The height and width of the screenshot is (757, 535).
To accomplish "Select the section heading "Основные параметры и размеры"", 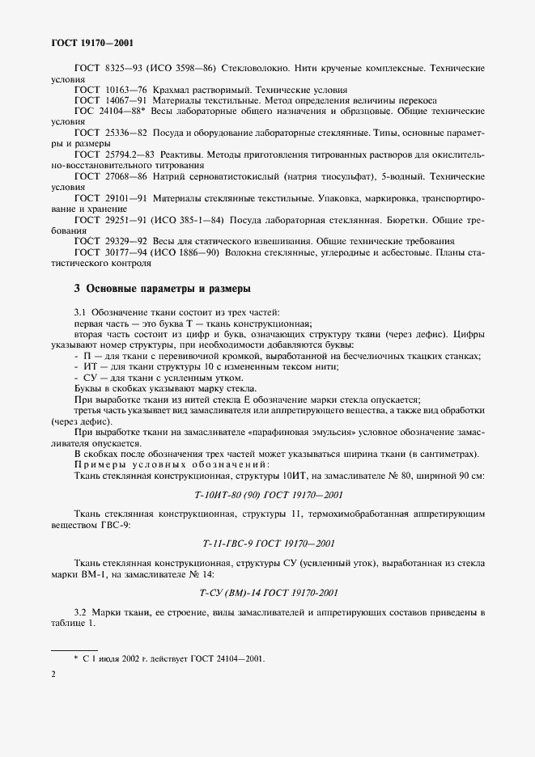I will (162, 288).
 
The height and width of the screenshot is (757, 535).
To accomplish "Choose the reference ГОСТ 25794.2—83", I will (110, 152).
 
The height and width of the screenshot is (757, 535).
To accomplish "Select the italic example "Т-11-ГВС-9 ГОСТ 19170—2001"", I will (266, 542).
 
